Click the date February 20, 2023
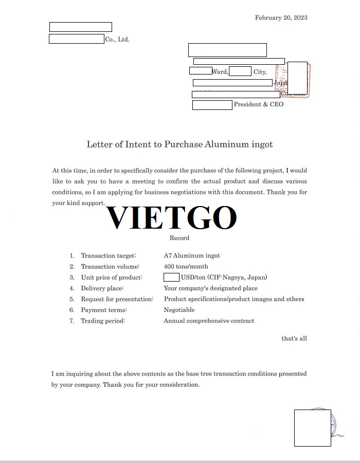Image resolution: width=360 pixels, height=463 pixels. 281,17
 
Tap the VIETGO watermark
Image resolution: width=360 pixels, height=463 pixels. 172,218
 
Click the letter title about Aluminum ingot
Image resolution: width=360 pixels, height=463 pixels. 179,144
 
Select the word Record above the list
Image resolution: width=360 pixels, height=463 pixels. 179,238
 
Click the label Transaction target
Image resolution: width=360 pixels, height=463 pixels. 109,255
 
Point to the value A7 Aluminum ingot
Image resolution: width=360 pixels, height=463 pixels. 192,255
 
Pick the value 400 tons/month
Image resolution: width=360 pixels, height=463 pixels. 186,267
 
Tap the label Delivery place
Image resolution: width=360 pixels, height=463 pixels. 102,288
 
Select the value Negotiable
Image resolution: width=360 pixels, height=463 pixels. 179,310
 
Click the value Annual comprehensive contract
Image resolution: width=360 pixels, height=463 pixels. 209,321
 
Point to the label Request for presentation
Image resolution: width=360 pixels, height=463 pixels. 117,299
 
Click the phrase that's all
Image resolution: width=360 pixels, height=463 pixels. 294,339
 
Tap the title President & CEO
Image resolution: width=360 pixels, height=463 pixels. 259,104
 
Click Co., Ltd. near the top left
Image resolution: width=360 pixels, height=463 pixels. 117,40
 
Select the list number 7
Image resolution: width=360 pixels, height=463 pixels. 72,321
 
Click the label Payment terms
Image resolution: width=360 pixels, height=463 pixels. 104,310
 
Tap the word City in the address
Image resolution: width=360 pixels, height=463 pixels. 260,72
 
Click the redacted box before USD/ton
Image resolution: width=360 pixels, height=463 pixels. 171,277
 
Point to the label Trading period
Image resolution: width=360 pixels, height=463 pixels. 103,321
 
